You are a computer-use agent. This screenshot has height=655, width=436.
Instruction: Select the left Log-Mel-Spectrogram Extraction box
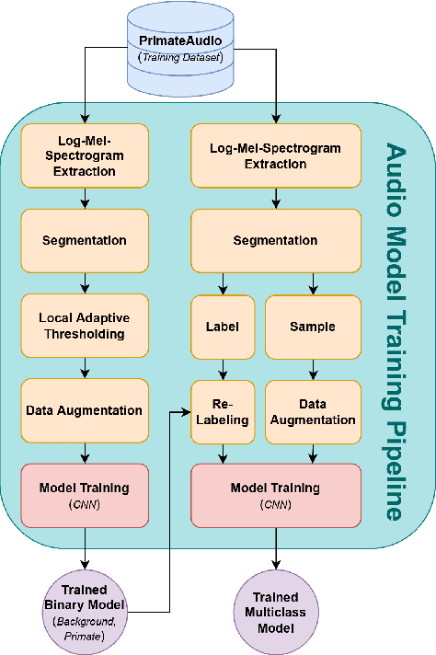[85, 155]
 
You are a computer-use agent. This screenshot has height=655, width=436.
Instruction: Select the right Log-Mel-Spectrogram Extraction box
[276, 155]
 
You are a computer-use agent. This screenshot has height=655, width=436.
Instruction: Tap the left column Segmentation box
[85, 241]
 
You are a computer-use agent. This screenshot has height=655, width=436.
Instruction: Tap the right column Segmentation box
[276, 241]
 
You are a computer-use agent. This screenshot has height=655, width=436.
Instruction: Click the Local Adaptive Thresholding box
[85, 326]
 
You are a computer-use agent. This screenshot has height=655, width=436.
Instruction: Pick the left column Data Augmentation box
[85, 410]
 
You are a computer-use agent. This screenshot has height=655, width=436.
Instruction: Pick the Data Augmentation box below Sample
[314, 411]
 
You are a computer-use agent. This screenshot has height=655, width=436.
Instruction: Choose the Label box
[222, 326]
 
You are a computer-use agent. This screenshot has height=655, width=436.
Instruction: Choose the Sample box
[314, 326]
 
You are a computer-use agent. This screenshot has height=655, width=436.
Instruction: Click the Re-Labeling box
[222, 411]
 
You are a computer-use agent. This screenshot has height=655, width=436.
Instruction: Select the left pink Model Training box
[85, 495]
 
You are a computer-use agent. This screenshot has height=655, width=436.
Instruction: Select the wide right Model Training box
[276, 495]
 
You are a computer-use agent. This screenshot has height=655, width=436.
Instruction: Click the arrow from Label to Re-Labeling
[222, 368]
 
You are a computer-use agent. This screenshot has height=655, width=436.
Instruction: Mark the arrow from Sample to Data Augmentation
[314, 368]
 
